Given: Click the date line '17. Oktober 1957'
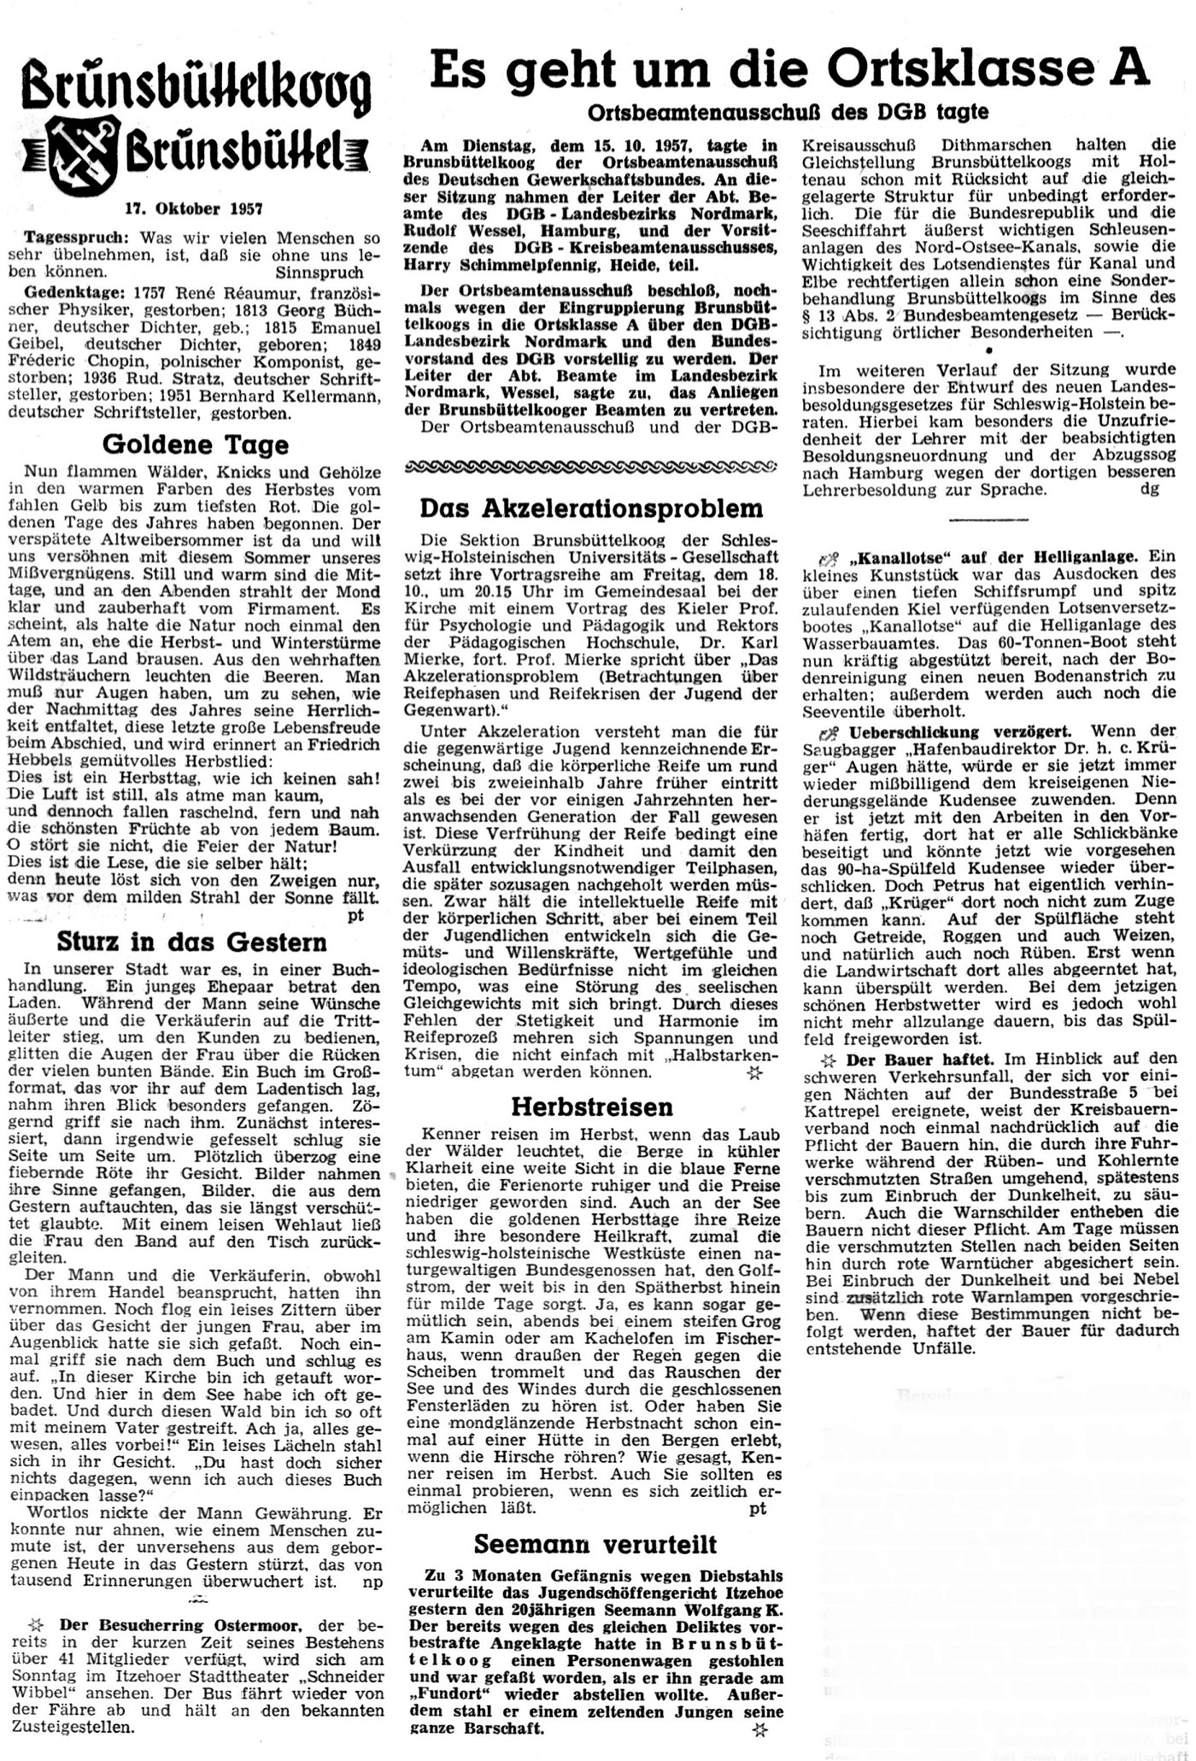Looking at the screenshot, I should pos(194,208).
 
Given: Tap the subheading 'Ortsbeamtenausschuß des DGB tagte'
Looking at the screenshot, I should pos(788,112).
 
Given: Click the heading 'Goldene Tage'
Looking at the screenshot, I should pos(196,444).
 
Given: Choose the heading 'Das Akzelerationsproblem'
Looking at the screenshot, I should pos(591,508).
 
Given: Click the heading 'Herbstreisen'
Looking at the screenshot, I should pos(591,1107).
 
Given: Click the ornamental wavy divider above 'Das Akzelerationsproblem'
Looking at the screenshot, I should pos(591,467).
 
